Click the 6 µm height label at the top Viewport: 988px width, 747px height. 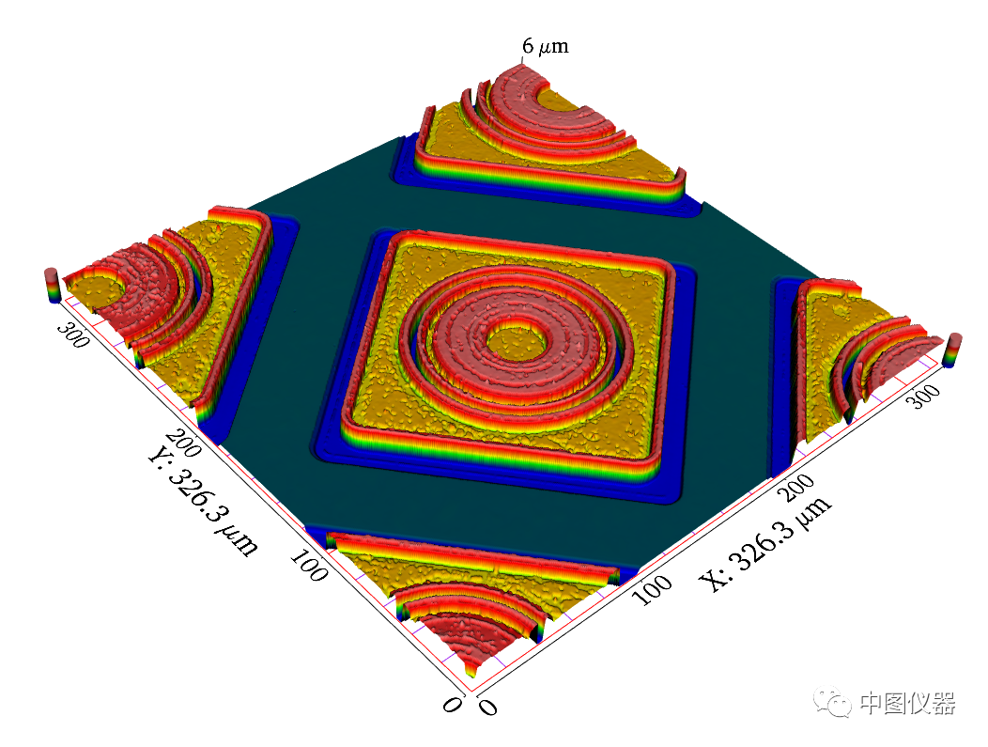pyautogui.click(x=546, y=46)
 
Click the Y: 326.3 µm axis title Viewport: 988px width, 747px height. pyautogui.click(x=202, y=502)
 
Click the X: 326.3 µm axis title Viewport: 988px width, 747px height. pyautogui.click(x=766, y=544)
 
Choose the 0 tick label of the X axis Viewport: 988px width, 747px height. pyautogui.click(x=486, y=706)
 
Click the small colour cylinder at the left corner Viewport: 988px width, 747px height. pyautogui.click(x=51, y=285)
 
